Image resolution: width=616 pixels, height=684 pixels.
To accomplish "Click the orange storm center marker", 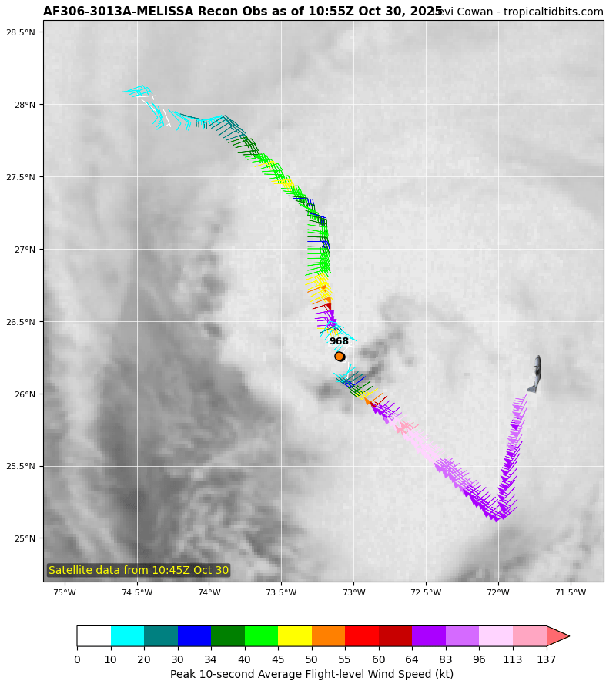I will [340, 356].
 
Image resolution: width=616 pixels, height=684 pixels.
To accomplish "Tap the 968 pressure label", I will [339, 341].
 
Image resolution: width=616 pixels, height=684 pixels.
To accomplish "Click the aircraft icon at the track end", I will [536, 374].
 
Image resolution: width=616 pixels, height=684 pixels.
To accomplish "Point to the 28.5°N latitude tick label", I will [21, 32].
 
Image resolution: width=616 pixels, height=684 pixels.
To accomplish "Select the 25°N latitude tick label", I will [25, 538].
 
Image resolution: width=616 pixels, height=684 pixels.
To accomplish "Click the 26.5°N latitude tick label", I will [21, 322].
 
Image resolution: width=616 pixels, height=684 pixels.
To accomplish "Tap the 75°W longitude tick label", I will [64, 592].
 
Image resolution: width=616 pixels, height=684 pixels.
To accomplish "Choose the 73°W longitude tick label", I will [353, 592].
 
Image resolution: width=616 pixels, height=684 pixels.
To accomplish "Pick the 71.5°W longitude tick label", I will [571, 592].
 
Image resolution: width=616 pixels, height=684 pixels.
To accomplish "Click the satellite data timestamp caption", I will [139, 571].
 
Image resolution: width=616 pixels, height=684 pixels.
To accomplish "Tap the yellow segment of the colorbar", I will [295, 635].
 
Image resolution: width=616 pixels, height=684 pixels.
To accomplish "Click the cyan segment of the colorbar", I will [127, 635].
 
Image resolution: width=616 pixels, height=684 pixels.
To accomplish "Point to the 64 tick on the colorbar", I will [412, 659].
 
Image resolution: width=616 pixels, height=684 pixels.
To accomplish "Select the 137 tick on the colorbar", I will [546, 659].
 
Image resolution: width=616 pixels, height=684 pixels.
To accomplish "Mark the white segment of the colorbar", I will [93, 635].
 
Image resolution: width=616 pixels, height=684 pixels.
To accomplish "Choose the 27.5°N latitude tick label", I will [21, 177].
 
